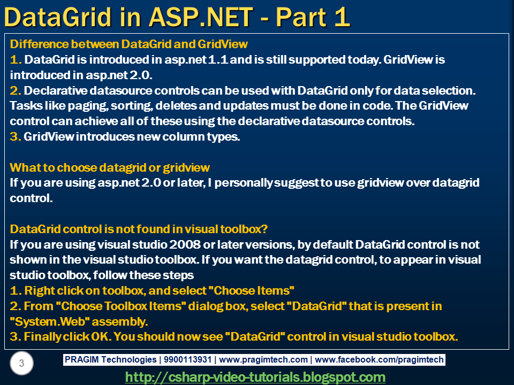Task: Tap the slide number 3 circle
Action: [x=21, y=364]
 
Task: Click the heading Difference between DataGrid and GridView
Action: [x=129, y=44]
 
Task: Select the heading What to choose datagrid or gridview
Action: [x=110, y=167]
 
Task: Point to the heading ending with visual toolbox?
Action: [x=139, y=229]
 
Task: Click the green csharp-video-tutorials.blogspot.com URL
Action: [x=255, y=377]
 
